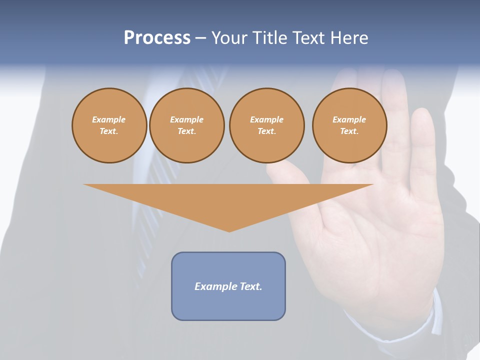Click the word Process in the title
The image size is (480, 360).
157,38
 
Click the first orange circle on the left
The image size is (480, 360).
109,125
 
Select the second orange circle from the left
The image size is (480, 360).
186,125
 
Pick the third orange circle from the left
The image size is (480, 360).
266,125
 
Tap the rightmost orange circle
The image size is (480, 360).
349,125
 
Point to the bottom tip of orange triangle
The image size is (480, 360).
229,230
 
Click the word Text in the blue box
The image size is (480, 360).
251,286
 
